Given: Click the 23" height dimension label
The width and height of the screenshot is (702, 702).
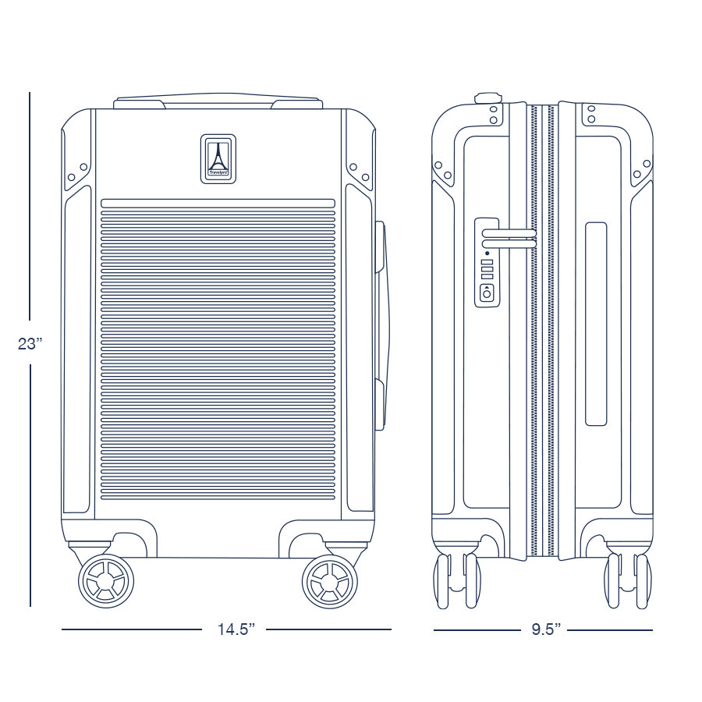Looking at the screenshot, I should (x=30, y=344).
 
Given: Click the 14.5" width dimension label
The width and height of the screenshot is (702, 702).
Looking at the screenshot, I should (x=236, y=629).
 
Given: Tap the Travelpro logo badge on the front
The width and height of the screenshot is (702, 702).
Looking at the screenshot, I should (x=218, y=159).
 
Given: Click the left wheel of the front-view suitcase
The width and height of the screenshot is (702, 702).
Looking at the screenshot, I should (x=106, y=581).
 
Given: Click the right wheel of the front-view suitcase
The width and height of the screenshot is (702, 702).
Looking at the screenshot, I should (x=330, y=581).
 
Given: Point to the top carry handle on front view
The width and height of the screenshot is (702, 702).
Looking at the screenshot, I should (x=218, y=101).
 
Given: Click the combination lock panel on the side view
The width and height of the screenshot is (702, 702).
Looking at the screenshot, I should (x=487, y=262).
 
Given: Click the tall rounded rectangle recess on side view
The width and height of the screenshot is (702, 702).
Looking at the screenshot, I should (x=596, y=324).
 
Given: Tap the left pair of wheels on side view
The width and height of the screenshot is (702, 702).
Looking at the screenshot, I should (x=457, y=581).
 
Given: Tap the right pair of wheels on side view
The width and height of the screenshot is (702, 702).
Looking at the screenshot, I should (x=628, y=581).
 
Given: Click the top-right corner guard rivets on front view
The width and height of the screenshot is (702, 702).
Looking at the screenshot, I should (x=360, y=172).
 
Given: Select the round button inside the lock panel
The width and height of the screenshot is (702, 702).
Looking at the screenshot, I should (x=487, y=294).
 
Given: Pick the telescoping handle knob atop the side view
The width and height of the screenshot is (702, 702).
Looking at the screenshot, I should (x=487, y=97).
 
